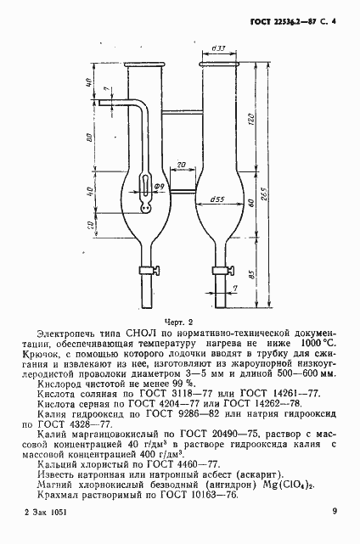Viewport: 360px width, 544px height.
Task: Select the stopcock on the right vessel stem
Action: click(x=230, y=272)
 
